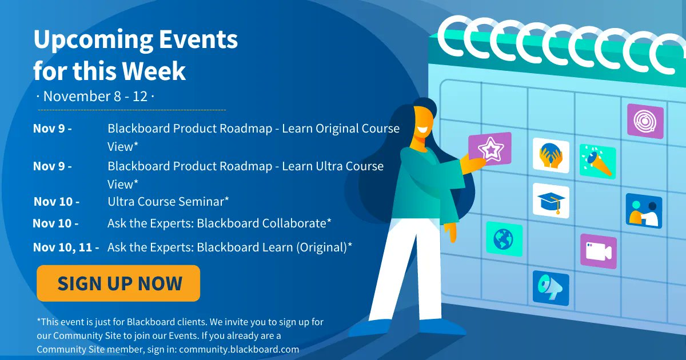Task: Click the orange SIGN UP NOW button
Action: point(118,283)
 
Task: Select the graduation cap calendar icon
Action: point(551,201)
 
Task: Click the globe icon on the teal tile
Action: point(504,238)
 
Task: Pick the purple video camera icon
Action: point(598,251)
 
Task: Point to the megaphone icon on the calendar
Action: point(551,287)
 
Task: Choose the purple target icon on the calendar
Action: point(645,121)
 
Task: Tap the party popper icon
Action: point(597,161)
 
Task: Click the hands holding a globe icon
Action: point(551,155)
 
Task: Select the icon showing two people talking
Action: point(644,211)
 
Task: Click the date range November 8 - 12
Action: point(95,96)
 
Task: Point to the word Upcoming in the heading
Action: point(91,40)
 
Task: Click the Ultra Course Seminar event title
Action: point(168,201)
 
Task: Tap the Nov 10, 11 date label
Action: point(66,247)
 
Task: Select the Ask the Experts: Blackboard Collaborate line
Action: point(220,223)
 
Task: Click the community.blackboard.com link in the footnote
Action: point(239,349)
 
